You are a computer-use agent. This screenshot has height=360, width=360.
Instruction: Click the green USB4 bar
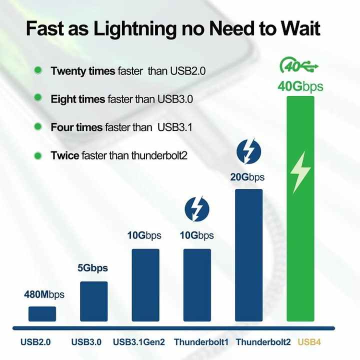[x=300, y=208]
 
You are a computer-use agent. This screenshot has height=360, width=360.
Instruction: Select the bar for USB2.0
[x=42, y=314]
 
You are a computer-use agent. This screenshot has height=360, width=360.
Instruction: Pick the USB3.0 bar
[x=93, y=301]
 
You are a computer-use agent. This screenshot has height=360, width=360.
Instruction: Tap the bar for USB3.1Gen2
[x=145, y=285]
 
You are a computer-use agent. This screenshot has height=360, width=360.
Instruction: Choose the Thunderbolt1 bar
[x=197, y=285]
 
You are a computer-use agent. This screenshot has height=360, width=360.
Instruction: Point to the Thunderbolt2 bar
[x=248, y=255]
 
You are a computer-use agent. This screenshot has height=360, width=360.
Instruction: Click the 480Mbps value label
[x=44, y=294]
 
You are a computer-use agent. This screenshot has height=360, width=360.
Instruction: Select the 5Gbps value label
[x=92, y=268]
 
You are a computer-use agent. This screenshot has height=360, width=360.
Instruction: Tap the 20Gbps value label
[x=247, y=177]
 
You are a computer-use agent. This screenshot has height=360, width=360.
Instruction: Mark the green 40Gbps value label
[x=300, y=86]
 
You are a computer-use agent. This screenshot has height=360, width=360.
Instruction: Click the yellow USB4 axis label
[x=309, y=342]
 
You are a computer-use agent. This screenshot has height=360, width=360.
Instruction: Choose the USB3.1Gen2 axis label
[x=139, y=342]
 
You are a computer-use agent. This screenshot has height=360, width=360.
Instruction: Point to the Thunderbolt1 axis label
[x=201, y=342]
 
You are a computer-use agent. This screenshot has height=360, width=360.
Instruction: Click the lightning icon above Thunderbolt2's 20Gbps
[x=248, y=151]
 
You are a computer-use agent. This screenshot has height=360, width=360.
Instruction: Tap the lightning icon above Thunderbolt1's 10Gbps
[x=197, y=209]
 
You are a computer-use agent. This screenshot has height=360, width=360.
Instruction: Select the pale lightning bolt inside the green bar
[x=300, y=172]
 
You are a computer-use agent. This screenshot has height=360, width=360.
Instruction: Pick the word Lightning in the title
[x=135, y=29]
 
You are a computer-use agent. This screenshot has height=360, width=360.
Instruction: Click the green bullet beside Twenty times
[x=38, y=70]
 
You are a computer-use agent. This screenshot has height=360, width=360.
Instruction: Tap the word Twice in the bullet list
[x=64, y=155]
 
